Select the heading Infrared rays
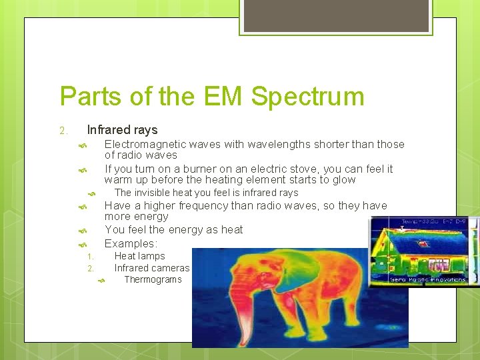122,130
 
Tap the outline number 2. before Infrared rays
62,131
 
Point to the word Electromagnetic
145,144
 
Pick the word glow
343,180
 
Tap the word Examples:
131,243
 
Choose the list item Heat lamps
139,256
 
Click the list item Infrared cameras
152,268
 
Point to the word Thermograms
153,279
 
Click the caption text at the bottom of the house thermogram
428,279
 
